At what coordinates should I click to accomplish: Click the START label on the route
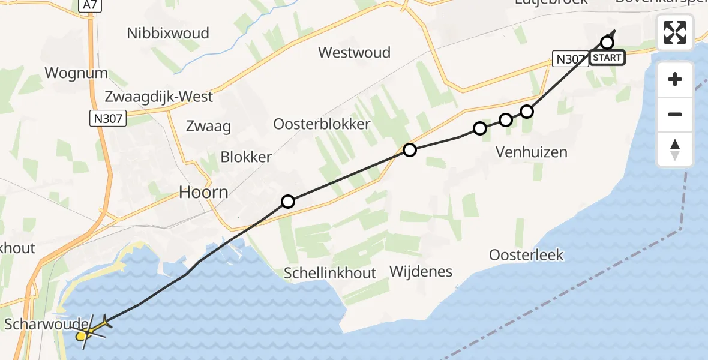(607, 58)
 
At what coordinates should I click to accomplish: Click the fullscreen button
(675, 32)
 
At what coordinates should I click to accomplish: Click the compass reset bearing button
(675, 149)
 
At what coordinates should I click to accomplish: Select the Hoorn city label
(203, 192)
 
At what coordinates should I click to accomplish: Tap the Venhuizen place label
(531, 152)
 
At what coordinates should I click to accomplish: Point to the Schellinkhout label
(331, 273)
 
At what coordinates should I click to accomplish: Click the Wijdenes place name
(421, 271)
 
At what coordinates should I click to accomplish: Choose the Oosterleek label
(526, 255)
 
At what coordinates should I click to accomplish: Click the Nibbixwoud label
(168, 33)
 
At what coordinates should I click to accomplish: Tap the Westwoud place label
(354, 53)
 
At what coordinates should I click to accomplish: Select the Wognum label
(76, 73)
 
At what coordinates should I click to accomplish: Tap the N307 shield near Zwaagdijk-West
(109, 119)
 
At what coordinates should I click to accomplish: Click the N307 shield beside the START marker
(568, 58)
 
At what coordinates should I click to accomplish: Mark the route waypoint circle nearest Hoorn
(288, 202)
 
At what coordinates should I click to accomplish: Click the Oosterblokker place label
(322, 124)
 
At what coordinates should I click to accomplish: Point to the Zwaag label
(209, 126)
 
